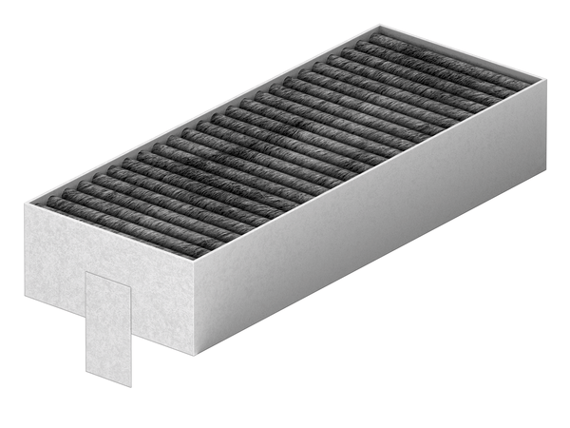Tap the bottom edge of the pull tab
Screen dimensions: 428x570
[x=108, y=376]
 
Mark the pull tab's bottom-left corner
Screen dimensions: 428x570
[x=85, y=366]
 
